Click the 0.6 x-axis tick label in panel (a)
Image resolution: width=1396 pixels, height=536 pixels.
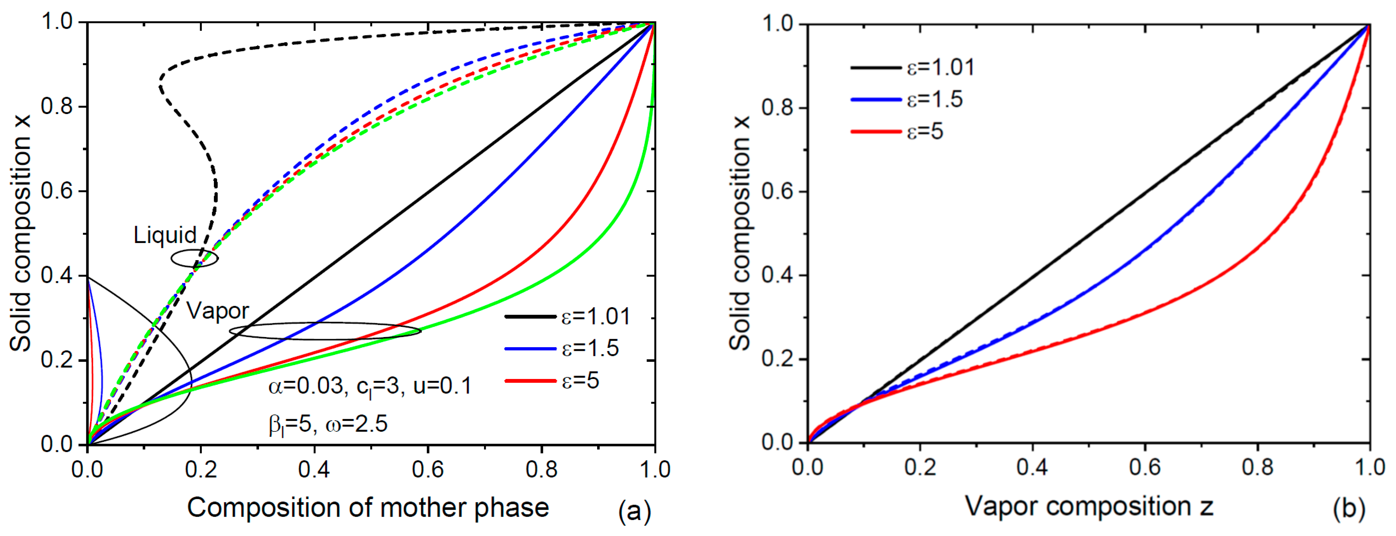pyautogui.click(x=428, y=469)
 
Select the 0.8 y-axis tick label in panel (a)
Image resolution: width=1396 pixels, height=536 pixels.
pyautogui.click(x=57, y=107)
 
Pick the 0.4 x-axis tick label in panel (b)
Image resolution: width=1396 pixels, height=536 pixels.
pyautogui.click(x=1032, y=467)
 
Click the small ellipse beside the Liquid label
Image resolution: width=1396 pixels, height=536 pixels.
pyautogui.click(x=195, y=259)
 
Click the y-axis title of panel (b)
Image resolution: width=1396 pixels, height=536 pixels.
pyautogui.click(x=740, y=233)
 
